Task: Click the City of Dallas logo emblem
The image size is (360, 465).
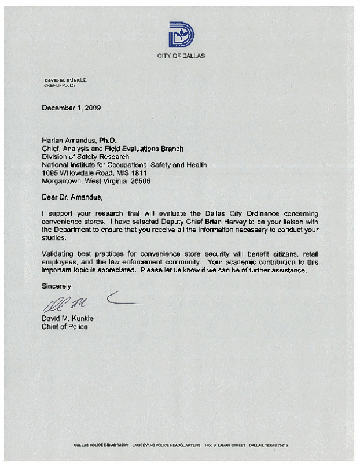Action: click(181, 35)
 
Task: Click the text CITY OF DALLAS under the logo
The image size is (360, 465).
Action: click(181, 56)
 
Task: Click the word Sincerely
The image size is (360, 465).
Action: click(58, 286)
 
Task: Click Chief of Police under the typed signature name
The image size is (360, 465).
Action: click(64, 327)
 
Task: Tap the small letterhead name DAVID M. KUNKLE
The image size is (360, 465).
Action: click(65, 79)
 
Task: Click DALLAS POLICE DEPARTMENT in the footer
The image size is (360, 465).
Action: click(101, 445)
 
